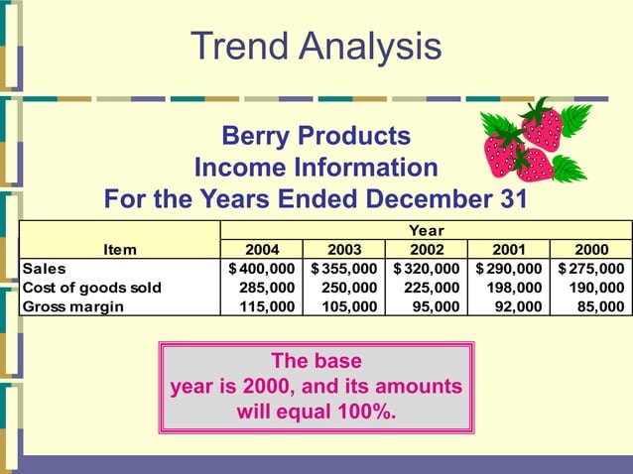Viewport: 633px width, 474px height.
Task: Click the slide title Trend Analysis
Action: (x=316, y=46)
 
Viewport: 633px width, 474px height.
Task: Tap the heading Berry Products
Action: (x=316, y=135)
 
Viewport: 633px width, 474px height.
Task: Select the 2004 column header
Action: (x=262, y=250)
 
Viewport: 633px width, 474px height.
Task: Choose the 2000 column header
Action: (x=591, y=250)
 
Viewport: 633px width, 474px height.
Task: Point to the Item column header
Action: (x=119, y=250)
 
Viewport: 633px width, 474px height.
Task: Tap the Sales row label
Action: (x=45, y=269)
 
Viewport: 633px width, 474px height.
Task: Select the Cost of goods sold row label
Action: (x=91, y=288)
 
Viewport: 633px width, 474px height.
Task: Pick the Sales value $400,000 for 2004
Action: (x=262, y=269)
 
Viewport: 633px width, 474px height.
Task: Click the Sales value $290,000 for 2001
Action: (x=509, y=269)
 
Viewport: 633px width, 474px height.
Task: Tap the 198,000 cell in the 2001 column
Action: (x=514, y=288)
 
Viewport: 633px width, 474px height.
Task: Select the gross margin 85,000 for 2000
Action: (x=600, y=306)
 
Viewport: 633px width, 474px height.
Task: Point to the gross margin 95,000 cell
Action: (x=436, y=306)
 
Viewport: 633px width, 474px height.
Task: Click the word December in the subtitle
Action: (x=435, y=198)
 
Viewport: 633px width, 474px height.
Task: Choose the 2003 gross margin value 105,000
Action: (x=349, y=306)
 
